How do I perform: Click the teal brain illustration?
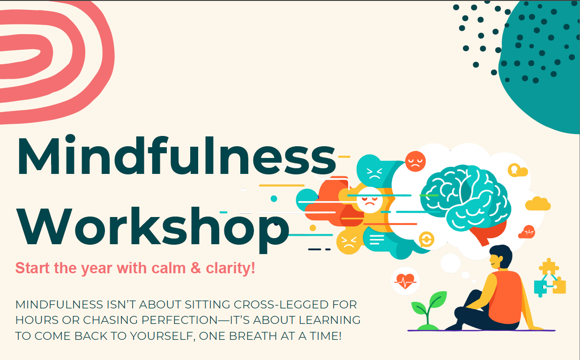coord(464,197)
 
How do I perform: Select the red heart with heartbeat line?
coord(405,281)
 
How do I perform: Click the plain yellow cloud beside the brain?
coord(537,204)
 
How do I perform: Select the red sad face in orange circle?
coord(415,161)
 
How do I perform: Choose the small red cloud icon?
coord(527,232)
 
